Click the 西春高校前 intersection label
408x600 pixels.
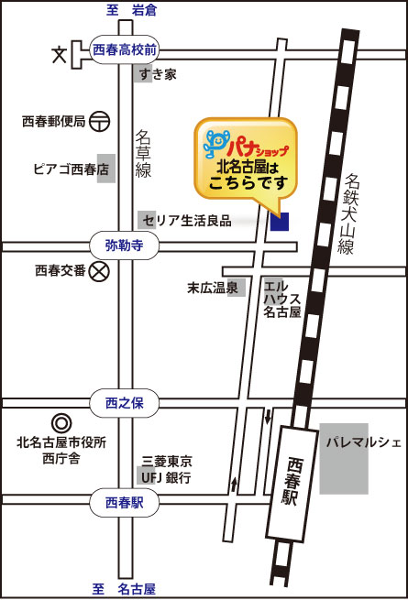pyautogui.click(x=126, y=49)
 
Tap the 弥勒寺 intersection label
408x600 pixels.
pyautogui.click(x=126, y=245)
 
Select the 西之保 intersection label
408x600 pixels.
pyautogui.click(x=126, y=402)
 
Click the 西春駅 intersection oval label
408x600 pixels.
pyautogui.click(x=126, y=502)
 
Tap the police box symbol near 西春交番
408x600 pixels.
pyautogui.click(x=100, y=270)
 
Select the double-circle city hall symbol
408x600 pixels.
pyautogui.click(x=61, y=423)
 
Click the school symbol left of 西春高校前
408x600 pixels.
pyautogui.click(x=61, y=54)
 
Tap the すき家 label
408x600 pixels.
pyautogui.click(x=158, y=75)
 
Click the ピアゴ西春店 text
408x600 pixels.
pyautogui.click(x=60, y=169)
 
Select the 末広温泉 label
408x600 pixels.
pyautogui.click(x=214, y=288)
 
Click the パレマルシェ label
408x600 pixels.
pyautogui.click(x=363, y=442)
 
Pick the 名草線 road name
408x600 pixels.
pyautogui.click(x=144, y=153)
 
